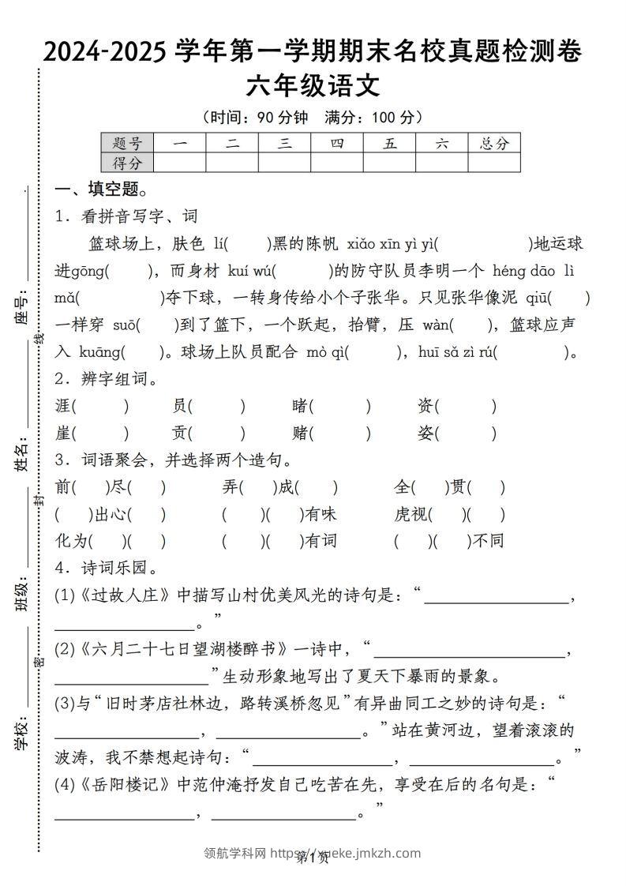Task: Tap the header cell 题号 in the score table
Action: pyautogui.click(x=126, y=143)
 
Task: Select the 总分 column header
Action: pyautogui.click(x=494, y=143)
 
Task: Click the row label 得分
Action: pyautogui.click(x=126, y=163)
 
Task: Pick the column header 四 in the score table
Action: pyautogui.click(x=337, y=143)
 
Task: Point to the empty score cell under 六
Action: pyautogui.click(x=441, y=163)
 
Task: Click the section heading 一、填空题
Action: pyautogui.click(x=101, y=190)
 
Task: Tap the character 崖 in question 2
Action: pyautogui.click(x=64, y=434)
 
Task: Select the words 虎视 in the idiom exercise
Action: pyautogui.click(x=413, y=515)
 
